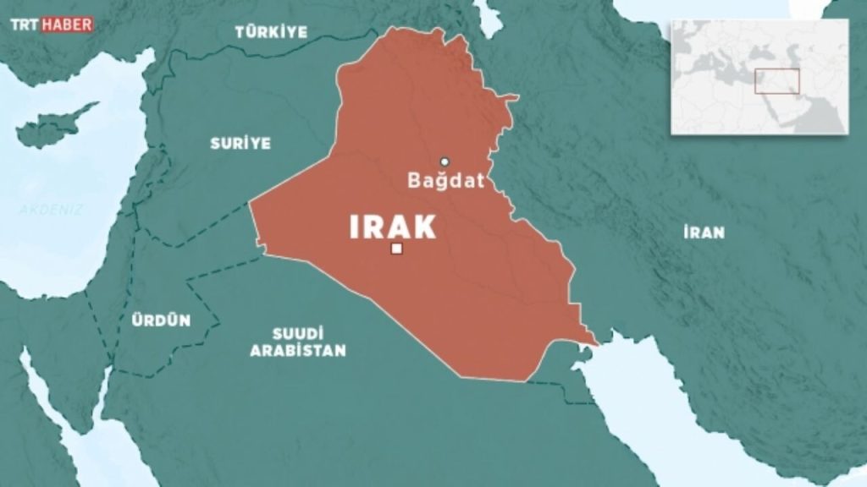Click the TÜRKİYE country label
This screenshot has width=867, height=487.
271,32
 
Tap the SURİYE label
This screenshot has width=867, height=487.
240,143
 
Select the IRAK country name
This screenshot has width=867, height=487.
393,227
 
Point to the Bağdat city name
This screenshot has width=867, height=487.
445,180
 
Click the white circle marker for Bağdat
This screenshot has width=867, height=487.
444,161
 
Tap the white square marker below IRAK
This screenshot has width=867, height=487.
396,249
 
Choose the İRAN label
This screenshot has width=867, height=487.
704,233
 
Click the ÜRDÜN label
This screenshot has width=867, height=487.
161,320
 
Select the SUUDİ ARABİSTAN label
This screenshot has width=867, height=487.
298,342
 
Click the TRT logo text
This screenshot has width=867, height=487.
25,25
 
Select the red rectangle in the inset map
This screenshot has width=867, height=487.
777,81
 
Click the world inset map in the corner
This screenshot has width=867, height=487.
759,77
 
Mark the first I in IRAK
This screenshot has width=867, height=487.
355,227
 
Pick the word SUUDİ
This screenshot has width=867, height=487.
298,333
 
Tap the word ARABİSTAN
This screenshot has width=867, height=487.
298,351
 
